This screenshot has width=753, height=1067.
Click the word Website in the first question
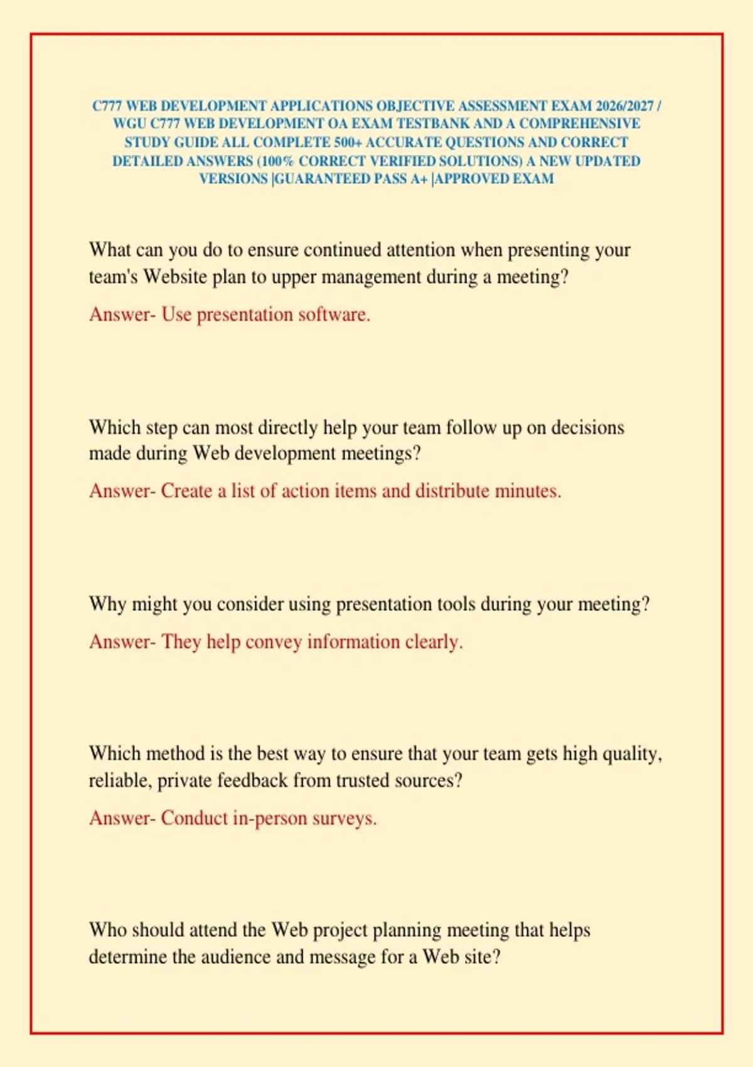[x=175, y=277]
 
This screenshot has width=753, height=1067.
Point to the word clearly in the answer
[x=434, y=642]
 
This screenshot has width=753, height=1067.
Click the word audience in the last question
[x=236, y=957]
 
